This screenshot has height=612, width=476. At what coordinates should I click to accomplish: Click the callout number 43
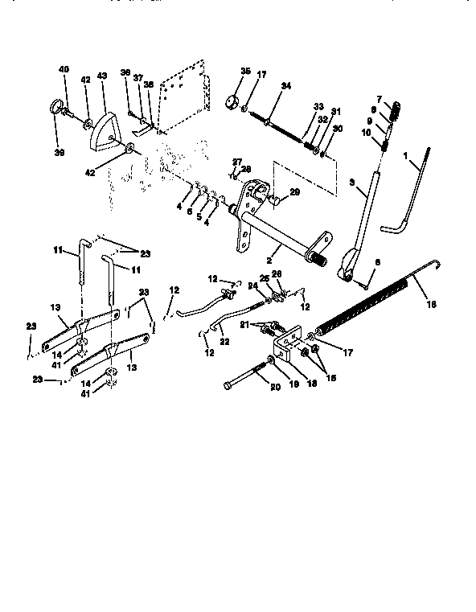pyautogui.click(x=102, y=76)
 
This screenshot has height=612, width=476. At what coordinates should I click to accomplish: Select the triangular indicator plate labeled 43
pyautogui.click(x=103, y=128)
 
